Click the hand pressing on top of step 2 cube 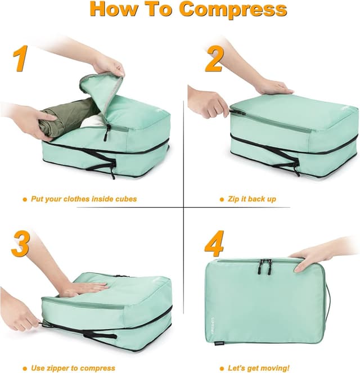pyautogui.click(x=273, y=87)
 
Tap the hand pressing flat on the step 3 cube pyautogui.click(x=84, y=289)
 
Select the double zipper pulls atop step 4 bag pyautogui.click(x=264, y=266)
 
